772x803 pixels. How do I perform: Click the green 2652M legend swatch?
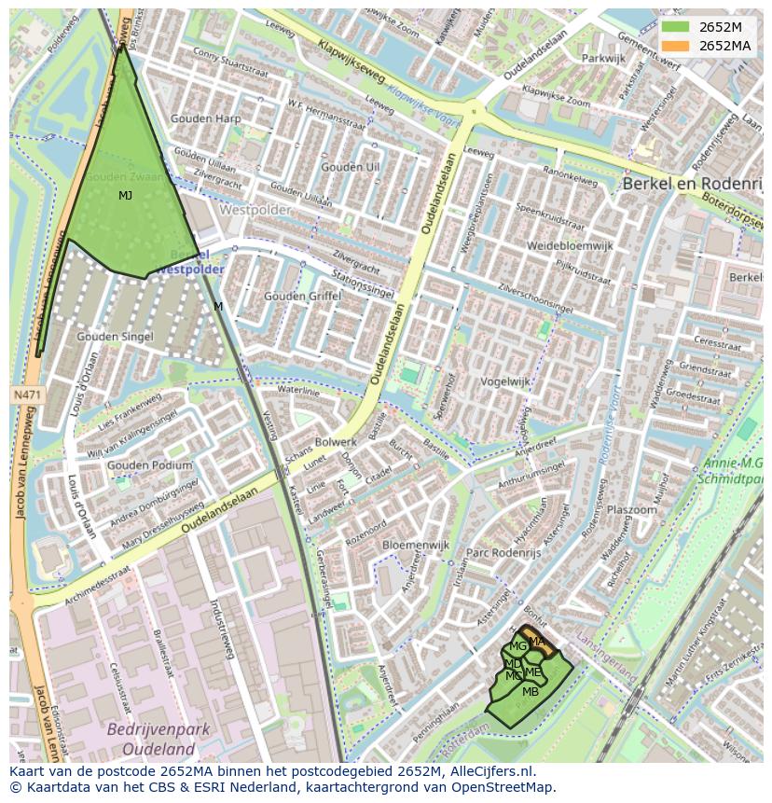pos(676,27)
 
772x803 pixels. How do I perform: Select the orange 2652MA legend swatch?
pos(676,46)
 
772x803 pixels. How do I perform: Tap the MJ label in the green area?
pos(125,196)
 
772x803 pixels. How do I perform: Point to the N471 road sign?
pos(26,395)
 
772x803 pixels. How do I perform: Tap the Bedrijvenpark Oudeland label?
pos(150,738)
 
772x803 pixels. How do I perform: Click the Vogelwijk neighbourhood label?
pos(504,381)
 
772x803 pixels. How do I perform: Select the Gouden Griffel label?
pos(303,296)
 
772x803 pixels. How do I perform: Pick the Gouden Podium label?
pos(149,464)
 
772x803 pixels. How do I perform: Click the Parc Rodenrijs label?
pos(503,552)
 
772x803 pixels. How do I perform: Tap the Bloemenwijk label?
pos(416,544)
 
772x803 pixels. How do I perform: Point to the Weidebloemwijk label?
pos(570,245)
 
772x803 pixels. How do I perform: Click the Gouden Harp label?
pos(205,118)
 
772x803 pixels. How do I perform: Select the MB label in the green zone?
pos(531,692)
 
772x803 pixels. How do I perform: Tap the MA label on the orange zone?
pos(537,641)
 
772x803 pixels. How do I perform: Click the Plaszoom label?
pos(631,510)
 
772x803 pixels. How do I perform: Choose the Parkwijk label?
pos(603,58)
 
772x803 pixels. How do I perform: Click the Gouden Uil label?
pos(350,167)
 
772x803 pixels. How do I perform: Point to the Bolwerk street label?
pos(336,441)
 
